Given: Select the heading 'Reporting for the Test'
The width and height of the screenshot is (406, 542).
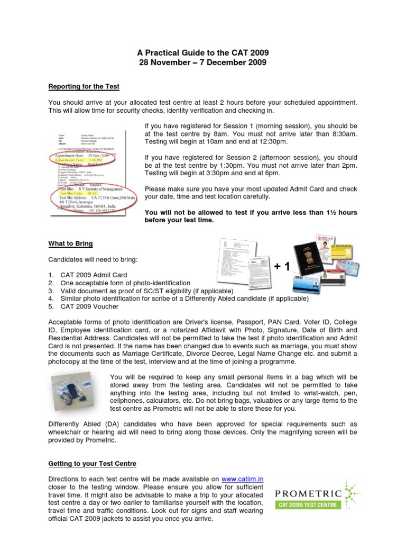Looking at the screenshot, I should click(x=84, y=86).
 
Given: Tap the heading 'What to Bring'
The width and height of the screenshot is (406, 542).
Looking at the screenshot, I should click(x=70, y=243).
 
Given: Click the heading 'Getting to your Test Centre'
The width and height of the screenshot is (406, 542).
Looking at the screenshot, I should click(x=92, y=463).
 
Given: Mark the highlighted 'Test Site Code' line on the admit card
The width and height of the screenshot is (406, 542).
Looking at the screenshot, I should click(x=84, y=193).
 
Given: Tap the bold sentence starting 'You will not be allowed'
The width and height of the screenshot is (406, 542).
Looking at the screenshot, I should click(x=251, y=216).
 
